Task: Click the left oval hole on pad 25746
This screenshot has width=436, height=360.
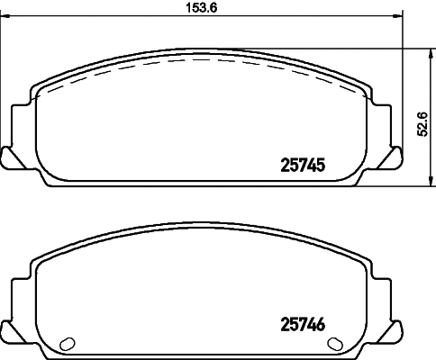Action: (65, 343)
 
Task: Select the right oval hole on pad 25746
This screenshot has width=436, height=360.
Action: (335, 343)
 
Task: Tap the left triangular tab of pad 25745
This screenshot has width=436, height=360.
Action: (8, 156)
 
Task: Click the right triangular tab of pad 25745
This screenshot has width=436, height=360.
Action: (394, 156)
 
